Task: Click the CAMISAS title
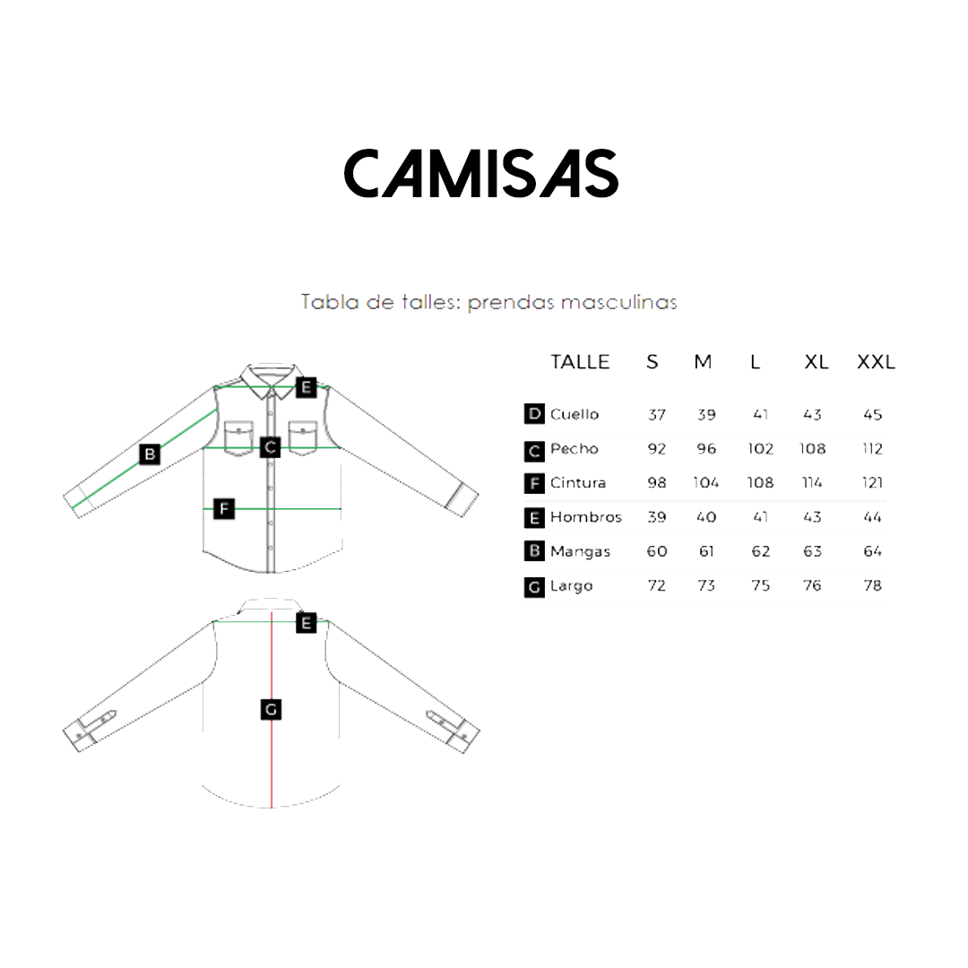tap(481, 173)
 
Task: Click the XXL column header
tap(876, 362)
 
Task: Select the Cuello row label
tap(575, 414)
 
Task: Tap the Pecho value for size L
tap(760, 448)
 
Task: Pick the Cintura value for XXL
tap(873, 482)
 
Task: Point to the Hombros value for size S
tap(657, 517)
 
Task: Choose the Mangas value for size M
tap(706, 551)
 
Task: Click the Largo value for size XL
tap(812, 585)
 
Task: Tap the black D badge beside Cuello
tap(534, 414)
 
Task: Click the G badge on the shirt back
tap(271, 710)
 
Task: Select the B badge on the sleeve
tap(151, 454)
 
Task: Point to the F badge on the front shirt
tap(225, 509)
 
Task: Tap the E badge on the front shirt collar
tap(306, 387)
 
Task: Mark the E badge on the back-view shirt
tap(307, 623)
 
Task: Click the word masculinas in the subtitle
tap(618, 302)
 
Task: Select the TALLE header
tap(580, 362)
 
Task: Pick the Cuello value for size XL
tap(812, 414)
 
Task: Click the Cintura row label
tap(578, 482)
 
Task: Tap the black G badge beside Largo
tap(534, 587)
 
